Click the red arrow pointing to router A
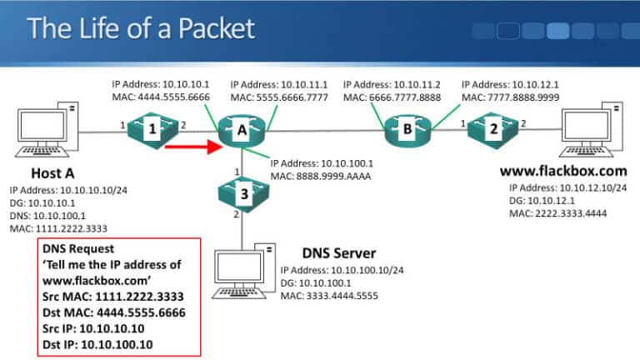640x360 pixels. (x=191, y=148)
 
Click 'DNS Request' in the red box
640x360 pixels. (x=78, y=249)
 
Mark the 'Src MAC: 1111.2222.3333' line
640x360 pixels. (x=112, y=296)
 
